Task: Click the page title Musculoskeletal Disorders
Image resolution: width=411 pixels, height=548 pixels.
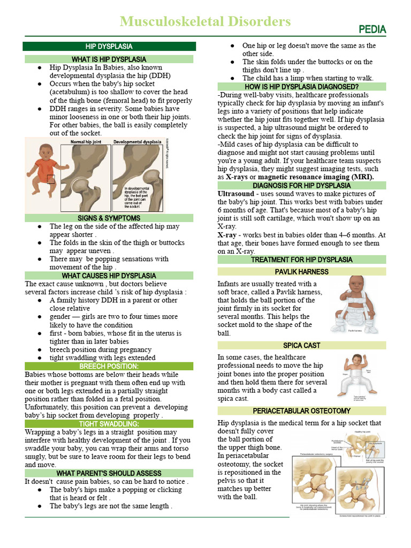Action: [205, 21]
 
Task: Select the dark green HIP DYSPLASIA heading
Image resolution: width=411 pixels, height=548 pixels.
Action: [109, 47]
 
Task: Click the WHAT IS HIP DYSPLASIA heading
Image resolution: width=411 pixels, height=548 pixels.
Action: [109, 59]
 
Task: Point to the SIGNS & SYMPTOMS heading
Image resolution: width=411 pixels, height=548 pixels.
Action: [109, 218]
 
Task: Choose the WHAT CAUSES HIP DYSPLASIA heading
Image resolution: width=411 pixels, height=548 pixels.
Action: [109, 276]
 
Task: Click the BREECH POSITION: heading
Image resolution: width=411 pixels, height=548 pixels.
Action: [109, 366]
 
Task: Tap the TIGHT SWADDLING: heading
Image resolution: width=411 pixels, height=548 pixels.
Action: [109, 424]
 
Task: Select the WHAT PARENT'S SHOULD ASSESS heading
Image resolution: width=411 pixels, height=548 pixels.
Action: [109, 473]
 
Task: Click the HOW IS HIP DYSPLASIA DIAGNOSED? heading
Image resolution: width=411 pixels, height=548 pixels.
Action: [301, 87]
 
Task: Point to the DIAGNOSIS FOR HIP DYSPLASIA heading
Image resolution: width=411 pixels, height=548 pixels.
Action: [301, 186]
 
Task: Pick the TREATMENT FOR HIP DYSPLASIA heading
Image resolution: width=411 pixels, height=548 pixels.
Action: [301, 260]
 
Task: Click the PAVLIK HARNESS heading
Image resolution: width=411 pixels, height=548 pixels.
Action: [301, 272]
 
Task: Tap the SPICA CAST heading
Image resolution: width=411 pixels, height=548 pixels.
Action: [301, 346]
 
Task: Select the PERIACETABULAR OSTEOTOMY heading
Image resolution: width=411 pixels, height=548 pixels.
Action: [301, 411]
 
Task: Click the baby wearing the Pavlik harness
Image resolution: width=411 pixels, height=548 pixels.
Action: [355, 302]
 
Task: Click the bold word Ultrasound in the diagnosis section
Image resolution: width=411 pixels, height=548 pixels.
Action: [235, 194]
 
